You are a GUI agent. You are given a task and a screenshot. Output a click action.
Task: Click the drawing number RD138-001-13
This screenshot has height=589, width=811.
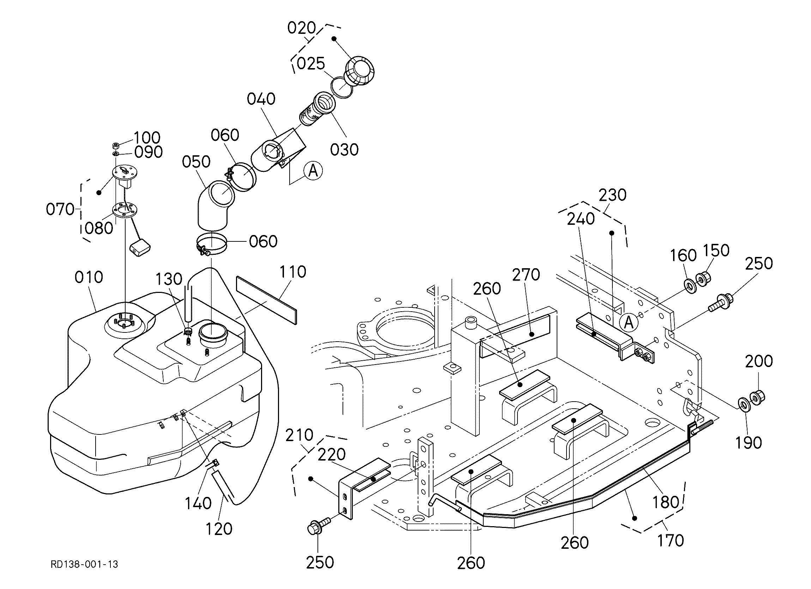pyautogui.click(x=84, y=564)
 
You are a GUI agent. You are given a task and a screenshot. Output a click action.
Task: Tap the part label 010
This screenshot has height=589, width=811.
pyautogui.click(x=89, y=277)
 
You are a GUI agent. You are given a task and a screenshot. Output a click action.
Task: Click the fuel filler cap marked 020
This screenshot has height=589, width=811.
pyautogui.click(x=359, y=71)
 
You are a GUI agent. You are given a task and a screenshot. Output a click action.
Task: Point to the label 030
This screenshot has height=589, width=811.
pyautogui.click(x=344, y=150)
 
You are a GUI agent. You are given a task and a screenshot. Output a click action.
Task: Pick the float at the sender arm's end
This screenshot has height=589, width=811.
pyautogui.click(x=139, y=248)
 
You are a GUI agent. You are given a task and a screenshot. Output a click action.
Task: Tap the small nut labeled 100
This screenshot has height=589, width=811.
pyautogui.click(x=115, y=146)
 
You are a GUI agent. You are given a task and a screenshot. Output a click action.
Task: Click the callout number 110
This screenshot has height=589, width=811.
pyautogui.click(x=292, y=272)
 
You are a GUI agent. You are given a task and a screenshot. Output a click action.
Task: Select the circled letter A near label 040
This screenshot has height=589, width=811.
pyautogui.click(x=313, y=171)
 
